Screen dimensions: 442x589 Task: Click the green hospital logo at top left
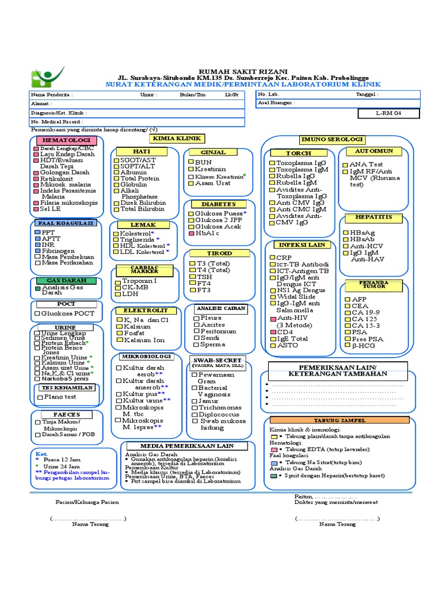pos(48,77)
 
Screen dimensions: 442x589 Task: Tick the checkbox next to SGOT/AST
pos(117,160)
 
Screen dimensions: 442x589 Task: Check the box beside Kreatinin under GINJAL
pos(191,170)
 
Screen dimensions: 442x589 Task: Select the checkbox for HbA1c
pos(191,234)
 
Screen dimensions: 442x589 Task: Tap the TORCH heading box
pos(299,154)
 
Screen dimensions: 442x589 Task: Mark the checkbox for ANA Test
pos(346,165)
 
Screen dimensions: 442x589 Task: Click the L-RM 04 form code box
pos(389,114)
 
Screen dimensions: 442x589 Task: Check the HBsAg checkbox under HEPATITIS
pos(346,232)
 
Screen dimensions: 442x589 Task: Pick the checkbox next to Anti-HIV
pos(273,318)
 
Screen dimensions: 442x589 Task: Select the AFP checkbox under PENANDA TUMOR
pos(347,300)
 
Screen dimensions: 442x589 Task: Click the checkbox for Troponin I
pos(118,281)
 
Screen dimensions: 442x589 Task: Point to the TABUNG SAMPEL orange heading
pos(344,420)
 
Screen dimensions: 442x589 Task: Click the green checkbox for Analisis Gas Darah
pos(38,288)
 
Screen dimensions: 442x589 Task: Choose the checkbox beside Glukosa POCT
pos(37,314)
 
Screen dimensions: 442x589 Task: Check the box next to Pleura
pos(196,318)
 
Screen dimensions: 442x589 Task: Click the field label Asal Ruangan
pos(276,103)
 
